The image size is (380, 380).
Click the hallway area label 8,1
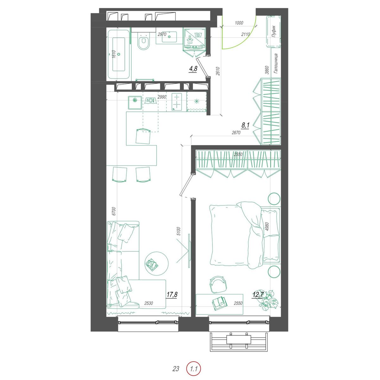[245, 125]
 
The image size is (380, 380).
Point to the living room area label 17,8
[172, 294]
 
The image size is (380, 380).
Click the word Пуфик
[274, 32]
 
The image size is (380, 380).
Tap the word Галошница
[275, 64]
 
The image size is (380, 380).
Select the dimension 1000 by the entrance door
[239, 23]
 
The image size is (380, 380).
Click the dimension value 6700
[113, 211]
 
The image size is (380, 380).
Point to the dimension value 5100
[179, 231]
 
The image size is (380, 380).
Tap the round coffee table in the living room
[156, 264]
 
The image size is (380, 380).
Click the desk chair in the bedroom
[218, 285]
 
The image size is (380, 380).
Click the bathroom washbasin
[169, 37]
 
